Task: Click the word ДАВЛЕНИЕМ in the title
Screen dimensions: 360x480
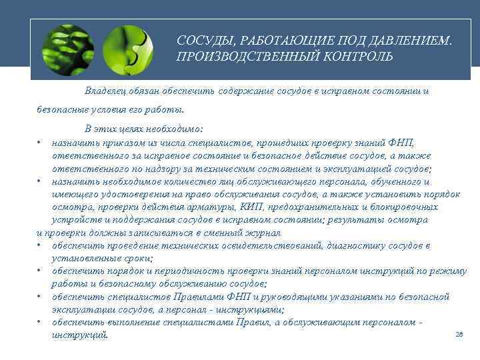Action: click(x=409, y=41)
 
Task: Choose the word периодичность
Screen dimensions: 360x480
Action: click(x=179, y=271)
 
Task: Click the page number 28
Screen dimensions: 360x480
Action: click(x=459, y=334)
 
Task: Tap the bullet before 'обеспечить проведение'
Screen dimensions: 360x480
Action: click(x=40, y=245)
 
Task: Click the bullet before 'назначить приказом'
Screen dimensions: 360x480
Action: click(x=40, y=142)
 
